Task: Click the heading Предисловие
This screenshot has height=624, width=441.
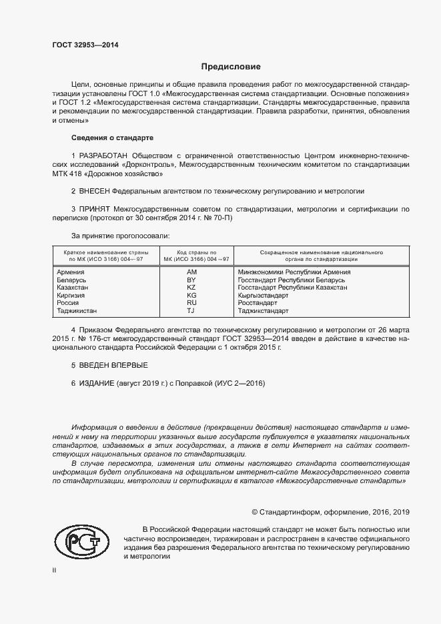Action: tap(232, 67)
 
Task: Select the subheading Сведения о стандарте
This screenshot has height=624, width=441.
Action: tap(112, 137)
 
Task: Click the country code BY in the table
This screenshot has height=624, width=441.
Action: tap(192, 280)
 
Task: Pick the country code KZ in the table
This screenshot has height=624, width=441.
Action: tap(192, 288)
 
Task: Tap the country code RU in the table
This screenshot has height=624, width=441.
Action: tap(192, 303)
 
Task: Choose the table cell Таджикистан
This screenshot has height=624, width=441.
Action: tap(77, 311)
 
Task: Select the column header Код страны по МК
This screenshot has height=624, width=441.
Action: tap(192, 256)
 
